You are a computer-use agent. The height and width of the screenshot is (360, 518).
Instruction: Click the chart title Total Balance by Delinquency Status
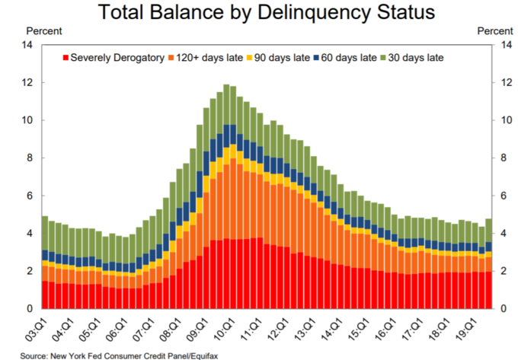coord(260,13)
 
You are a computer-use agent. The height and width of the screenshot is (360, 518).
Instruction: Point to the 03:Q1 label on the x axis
coord(36,330)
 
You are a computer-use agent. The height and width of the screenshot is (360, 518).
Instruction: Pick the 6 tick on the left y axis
coord(29,196)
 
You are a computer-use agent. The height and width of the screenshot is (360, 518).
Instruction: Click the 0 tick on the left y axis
coord(29,309)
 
